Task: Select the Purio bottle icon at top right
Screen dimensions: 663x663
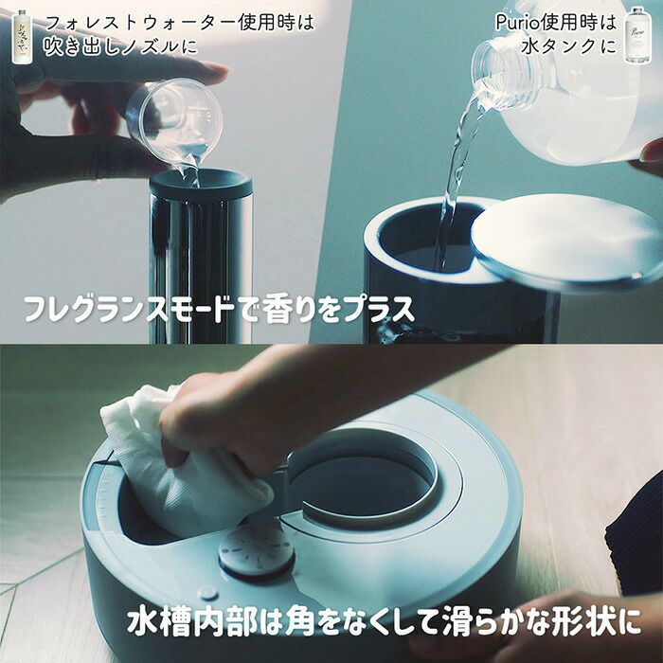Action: (637, 35)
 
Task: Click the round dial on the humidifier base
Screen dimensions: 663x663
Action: (257, 548)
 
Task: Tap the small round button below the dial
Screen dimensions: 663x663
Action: (208, 593)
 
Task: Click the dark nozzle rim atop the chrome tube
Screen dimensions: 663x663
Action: (201, 184)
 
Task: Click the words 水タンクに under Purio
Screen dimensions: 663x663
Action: (568, 46)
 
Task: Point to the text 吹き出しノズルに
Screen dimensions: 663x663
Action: (120, 45)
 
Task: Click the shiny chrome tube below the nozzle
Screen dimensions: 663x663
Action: (201, 271)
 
